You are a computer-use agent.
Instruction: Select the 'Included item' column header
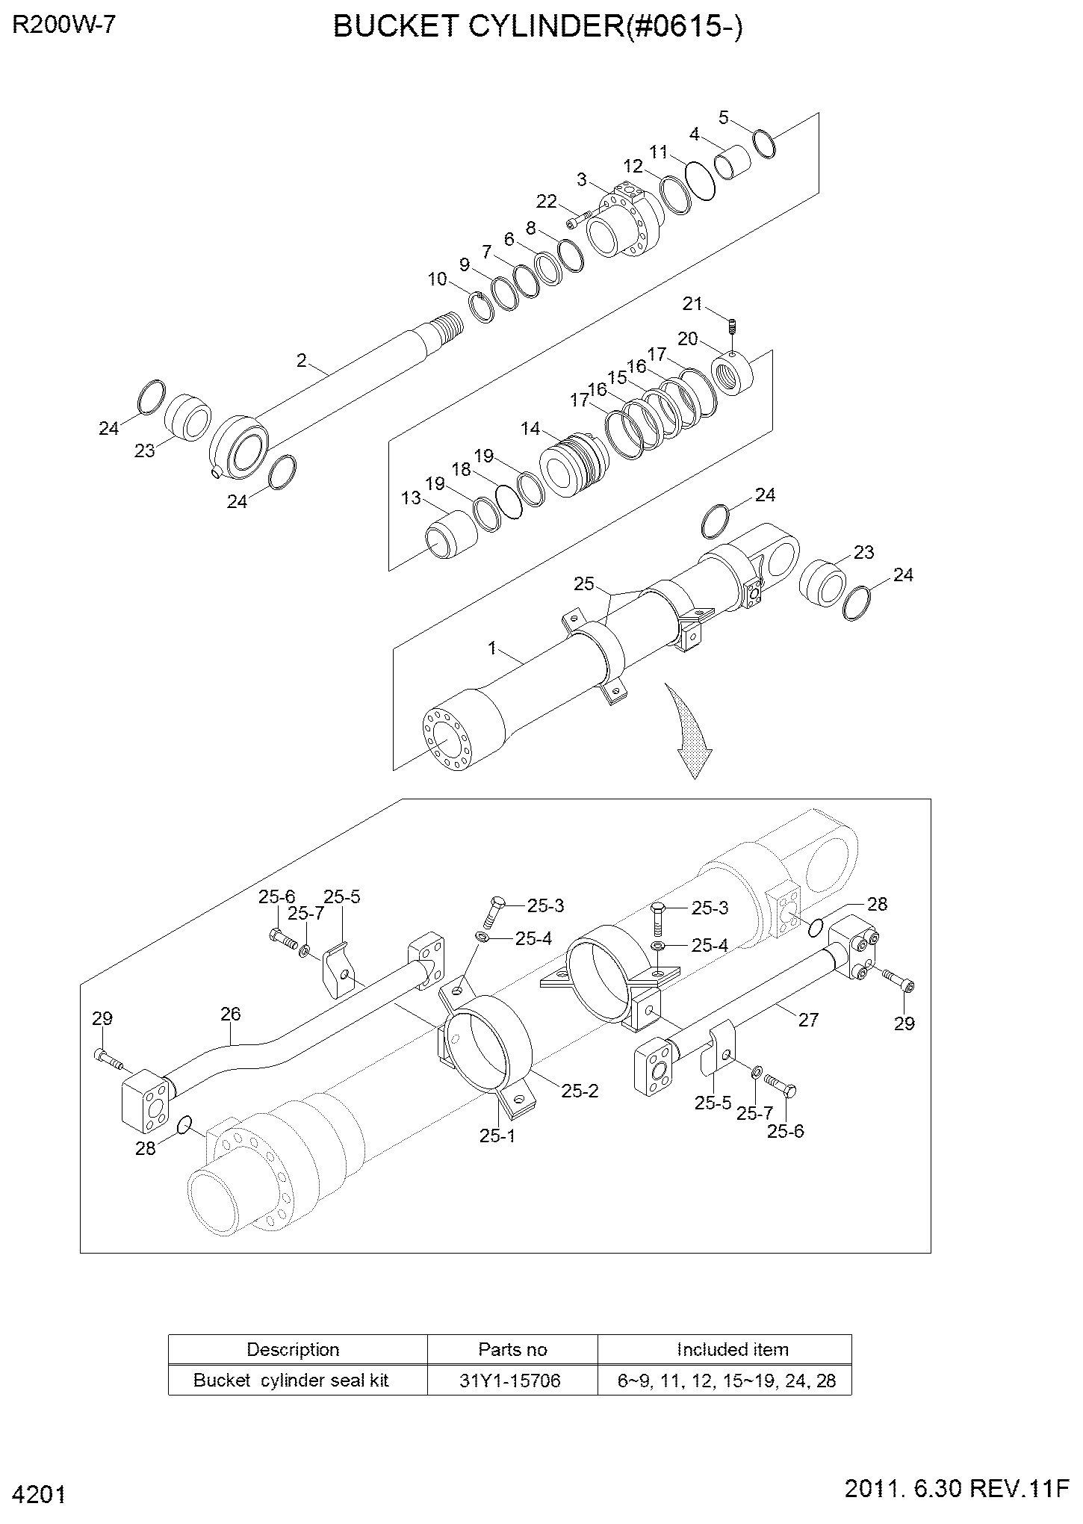[x=733, y=1349]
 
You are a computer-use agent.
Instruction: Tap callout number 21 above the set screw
[x=693, y=304]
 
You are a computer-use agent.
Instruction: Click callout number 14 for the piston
[x=530, y=429]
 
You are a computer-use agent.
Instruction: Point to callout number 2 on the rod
[x=302, y=361]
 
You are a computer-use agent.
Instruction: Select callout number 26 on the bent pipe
[x=231, y=1014]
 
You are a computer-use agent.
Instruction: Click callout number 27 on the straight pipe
[x=809, y=1020]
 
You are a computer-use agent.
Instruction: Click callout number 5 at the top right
[x=724, y=117]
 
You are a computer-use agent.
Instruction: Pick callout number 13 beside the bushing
[x=412, y=498]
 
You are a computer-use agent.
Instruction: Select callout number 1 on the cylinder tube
[x=493, y=648]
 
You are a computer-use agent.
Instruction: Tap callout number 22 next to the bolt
[x=547, y=201]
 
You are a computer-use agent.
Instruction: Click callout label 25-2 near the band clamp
[x=580, y=1091]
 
